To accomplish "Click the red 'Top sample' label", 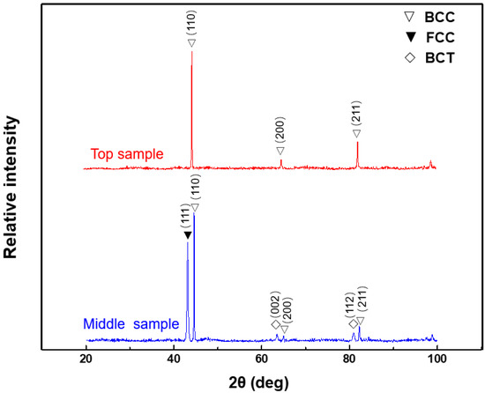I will pyautogui.click(x=127, y=154).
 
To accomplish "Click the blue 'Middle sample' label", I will pyautogui.click(x=131, y=323).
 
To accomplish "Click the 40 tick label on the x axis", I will pyautogui.click(x=174, y=359).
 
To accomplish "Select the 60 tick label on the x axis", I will pyautogui.click(x=261, y=359).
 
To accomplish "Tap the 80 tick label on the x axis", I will pyautogui.click(x=349, y=359).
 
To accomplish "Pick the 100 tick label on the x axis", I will pyautogui.click(x=436, y=359).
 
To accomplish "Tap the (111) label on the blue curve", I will pyautogui.click(x=187, y=214).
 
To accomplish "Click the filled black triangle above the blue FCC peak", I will pyautogui.click(x=187, y=234).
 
